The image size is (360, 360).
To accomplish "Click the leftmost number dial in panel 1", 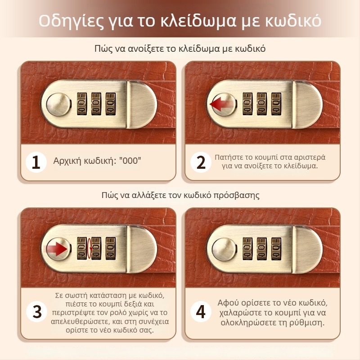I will click(x=82, y=104).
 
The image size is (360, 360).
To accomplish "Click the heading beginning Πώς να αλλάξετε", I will click(x=180, y=195).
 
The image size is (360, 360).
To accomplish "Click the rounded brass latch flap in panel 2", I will click(x=307, y=104).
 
